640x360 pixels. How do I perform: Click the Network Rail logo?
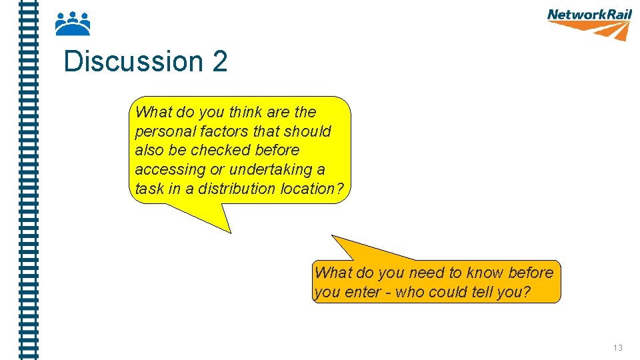(x=589, y=23)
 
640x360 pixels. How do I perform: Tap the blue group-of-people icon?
(x=72, y=24)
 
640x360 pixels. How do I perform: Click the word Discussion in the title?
(x=133, y=62)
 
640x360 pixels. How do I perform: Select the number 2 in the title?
(x=220, y=62)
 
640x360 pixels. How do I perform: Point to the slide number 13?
(x=617, y=348)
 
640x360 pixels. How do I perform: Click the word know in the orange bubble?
(x=485, y=273)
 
